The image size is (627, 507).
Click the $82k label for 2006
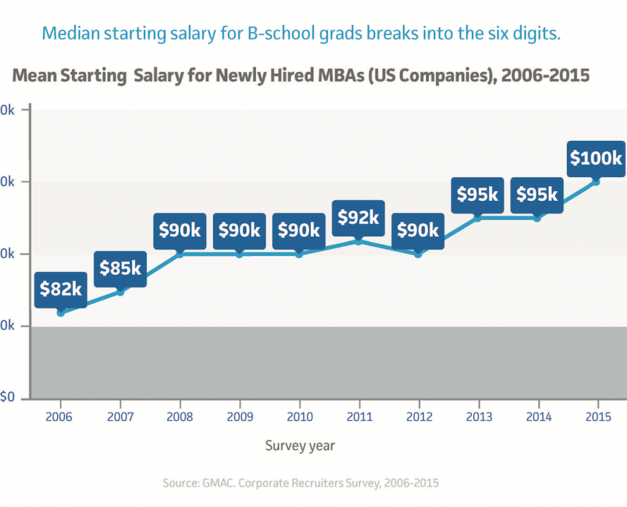coord(61,288)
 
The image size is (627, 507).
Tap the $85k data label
coord(120,268)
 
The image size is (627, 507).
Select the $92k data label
coord(358,217)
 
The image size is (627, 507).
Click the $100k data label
coord(596,158)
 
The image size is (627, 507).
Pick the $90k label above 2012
coord(418,230)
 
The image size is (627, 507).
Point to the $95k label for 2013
coord(477,194)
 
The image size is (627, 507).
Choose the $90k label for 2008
coord(180,230)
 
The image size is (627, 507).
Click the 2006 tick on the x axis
coord(59,417)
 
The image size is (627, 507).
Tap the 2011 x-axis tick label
coord(358,417)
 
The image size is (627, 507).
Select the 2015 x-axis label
coord(597,417)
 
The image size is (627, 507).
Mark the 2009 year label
coord(239,417)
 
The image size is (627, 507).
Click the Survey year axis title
coord(301,445)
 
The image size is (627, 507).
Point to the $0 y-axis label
coord(7,398)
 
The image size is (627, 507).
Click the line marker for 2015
coord(596,182)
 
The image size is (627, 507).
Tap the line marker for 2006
coord(61,313)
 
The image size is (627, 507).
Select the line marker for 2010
coord(299,254)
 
